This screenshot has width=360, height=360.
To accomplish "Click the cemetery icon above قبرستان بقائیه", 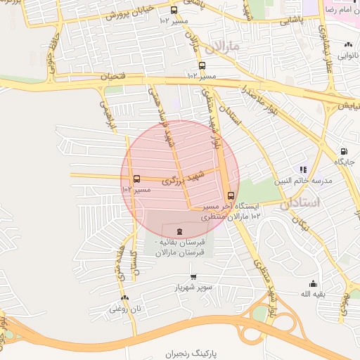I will click(x=179, y=231).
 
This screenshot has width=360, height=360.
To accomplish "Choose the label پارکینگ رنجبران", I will click(x=189, y=354).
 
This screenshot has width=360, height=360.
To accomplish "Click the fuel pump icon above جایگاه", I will click(x=344, y=150).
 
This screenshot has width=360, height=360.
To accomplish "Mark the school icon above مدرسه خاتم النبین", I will click(x=304, y=169).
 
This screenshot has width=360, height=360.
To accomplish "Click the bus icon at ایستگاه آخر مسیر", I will click(x=231, y=195).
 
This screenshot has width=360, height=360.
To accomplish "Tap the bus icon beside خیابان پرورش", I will click(x=174, y=10).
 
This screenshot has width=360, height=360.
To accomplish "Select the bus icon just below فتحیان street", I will click(x=202, y=65).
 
